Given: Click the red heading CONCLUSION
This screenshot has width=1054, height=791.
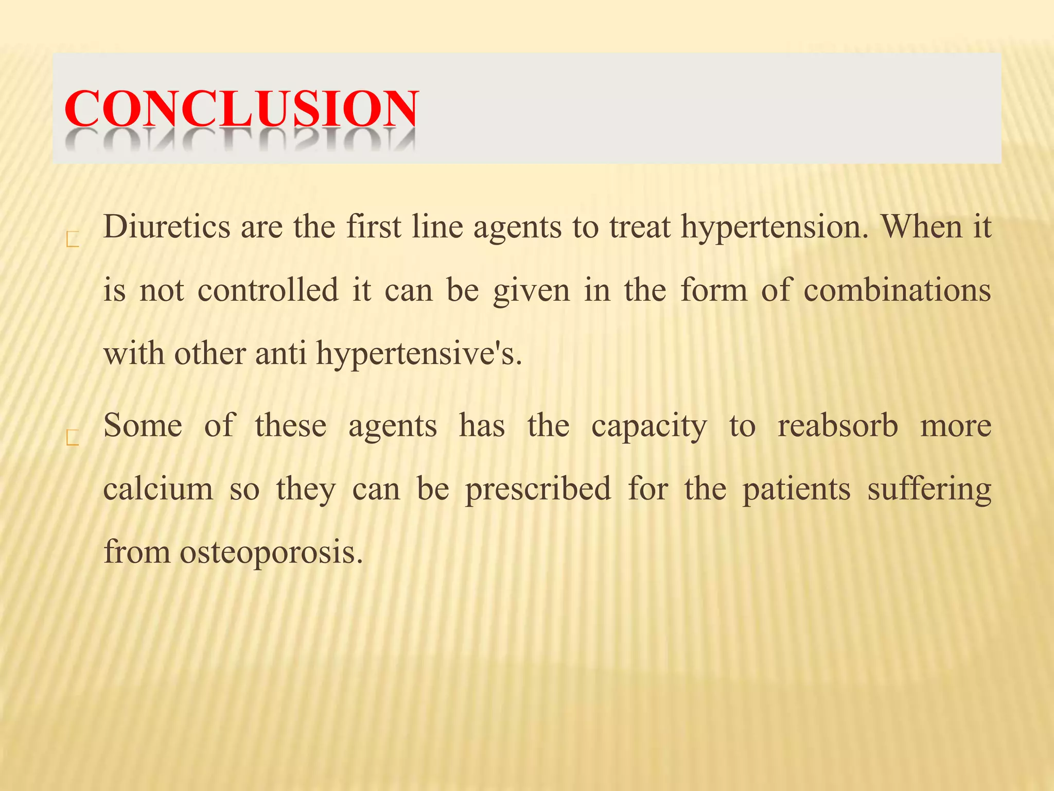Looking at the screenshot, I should tap(241, 109).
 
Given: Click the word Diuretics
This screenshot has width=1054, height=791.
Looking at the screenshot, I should tap(167, 227).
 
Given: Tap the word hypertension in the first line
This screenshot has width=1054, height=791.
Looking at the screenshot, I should tap(775, 228).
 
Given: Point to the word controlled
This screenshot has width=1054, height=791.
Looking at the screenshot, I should tap(268, 290).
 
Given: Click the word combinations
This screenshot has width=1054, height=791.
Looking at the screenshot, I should tap(897, 290).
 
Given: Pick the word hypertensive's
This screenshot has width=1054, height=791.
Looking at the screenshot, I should tap(419, 354).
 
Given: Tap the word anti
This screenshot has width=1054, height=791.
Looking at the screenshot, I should tap(281, 354).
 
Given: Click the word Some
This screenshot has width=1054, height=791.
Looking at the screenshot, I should tap(143, 426).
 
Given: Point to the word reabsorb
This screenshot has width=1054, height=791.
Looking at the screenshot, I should tap(837, 426).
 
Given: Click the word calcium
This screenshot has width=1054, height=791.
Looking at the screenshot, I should tap(158, 489).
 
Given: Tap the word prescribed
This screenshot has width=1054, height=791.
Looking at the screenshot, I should tap(538, 490).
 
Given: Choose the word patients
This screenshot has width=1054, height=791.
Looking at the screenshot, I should tap(796, 490).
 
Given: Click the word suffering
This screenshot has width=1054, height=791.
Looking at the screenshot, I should tap(929, 490).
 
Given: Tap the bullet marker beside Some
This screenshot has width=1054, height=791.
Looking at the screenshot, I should tap(73, 438).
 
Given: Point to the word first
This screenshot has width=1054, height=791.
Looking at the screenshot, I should tap(373, 227).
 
